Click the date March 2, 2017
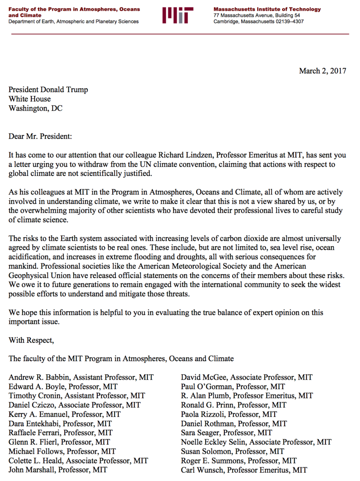(322, 71)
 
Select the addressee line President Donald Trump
(48, 90)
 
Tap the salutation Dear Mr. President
(40, 136)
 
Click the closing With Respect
(31, 340)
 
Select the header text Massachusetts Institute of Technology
(267, 9)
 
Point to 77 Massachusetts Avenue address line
(257, 16)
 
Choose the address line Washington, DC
(36, 108)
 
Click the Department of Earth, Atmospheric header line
(74, 22)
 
